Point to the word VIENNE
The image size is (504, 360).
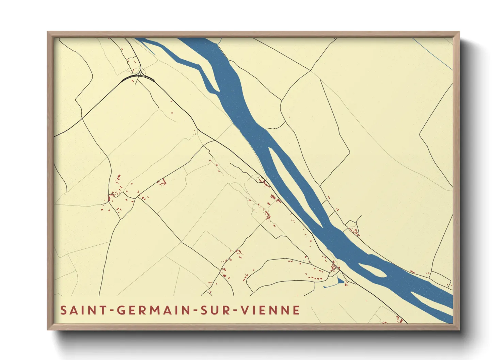270,310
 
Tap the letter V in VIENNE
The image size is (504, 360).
245,310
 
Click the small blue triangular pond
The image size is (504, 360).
340,281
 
